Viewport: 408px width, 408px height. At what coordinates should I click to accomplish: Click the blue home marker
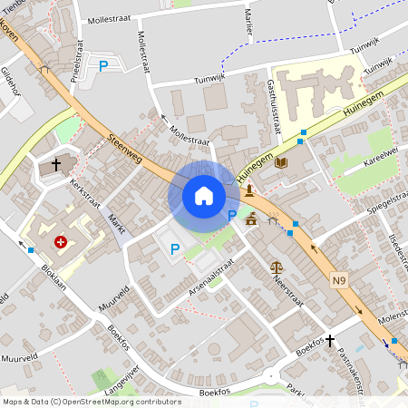[x=203, y=196]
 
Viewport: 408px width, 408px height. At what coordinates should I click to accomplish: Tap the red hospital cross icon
[x=61, y=242]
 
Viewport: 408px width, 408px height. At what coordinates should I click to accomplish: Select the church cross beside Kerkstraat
[x=56, y=165]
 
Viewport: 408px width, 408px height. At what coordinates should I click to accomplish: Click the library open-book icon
[x=281, y=161]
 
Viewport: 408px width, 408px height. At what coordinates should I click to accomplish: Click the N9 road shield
[x=338, y=281]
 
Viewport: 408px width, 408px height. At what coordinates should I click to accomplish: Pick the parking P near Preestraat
[x=103, y=65]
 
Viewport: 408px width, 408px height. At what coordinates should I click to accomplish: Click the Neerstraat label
[x=287, y=292]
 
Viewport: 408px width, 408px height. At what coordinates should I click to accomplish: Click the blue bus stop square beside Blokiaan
[x=31, y=249]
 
